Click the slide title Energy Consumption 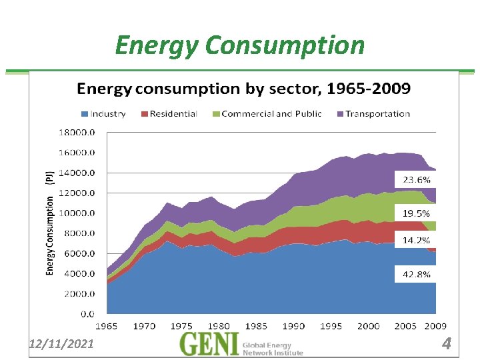point(240,45)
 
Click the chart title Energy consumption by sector point(243,88)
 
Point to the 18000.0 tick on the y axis point(79,132)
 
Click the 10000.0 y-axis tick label point(79,213)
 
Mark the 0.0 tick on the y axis point(87,313)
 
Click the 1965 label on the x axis point(107,326)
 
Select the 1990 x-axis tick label point(293,326)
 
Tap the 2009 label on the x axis point(435,326)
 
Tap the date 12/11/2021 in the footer point(62,343)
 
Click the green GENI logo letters point(209,344)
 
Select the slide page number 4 point(447,344)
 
